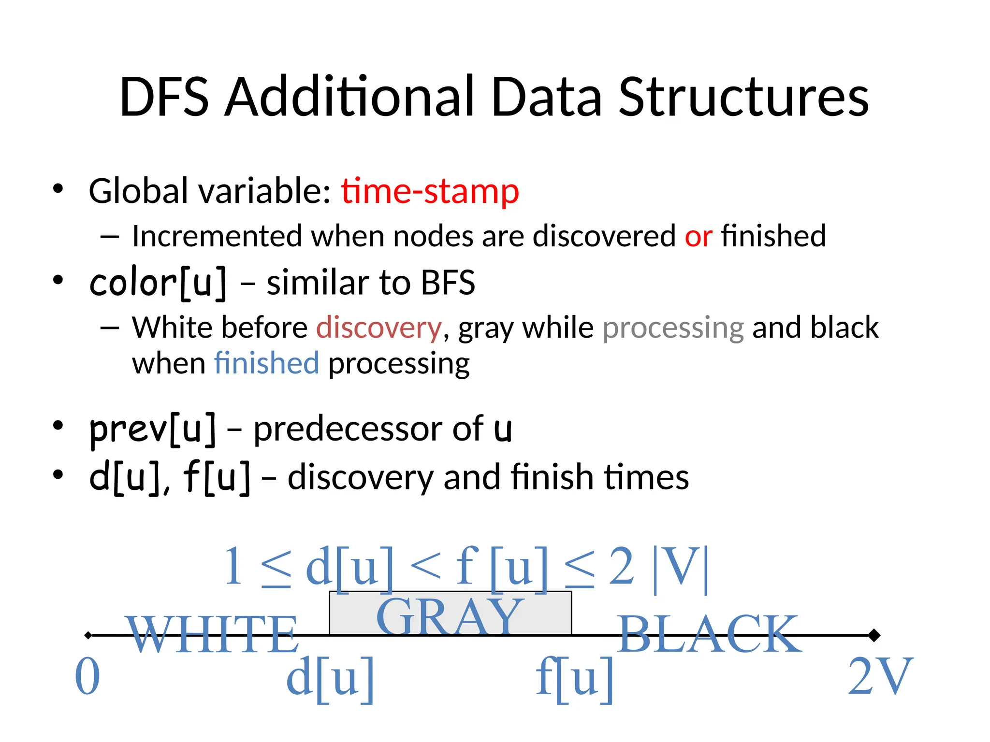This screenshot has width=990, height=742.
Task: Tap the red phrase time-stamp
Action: [x=430, y=191]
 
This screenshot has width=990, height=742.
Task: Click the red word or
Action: [x=698, y=236]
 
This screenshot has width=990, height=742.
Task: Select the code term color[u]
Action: [x=158, y=283]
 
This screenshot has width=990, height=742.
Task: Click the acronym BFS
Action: [x=448, y=283]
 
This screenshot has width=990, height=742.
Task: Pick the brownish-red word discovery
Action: [x=379, y=328]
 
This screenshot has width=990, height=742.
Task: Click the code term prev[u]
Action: [x=152, y=429]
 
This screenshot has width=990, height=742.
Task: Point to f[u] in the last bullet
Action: [x=217, y=477]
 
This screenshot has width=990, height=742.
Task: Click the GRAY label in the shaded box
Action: [x=450, y=616]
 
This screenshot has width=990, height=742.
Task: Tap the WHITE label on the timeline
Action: [x=213, y=634]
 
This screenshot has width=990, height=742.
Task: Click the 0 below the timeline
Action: [x=87, y=677]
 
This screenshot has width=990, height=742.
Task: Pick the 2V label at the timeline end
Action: [x=880, y=677]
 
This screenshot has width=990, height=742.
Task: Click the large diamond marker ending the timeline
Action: [x=874, y=635]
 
